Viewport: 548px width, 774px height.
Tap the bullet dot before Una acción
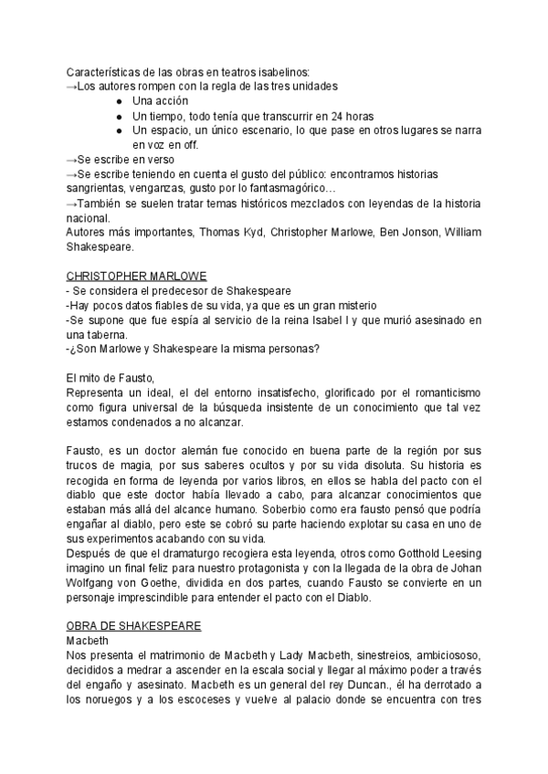click(x=120, y=101)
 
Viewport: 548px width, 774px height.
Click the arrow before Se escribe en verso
click(x=72, y=160)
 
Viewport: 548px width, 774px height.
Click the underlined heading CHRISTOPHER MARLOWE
click(x=136, y=276)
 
